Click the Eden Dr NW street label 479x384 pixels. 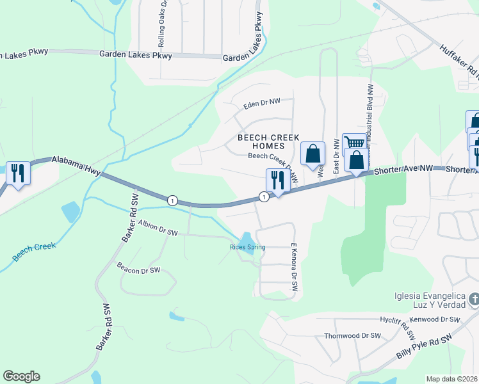pos(262,102)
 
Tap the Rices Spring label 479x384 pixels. pos(247,247)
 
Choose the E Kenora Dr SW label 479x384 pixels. pos(295,268)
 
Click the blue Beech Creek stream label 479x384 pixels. pos(34,252)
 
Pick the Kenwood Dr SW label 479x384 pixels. pos(437,319)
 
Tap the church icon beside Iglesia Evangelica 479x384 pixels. pos(473,298)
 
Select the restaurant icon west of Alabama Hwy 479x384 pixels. pos(17,172)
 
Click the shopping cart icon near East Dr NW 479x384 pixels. pos(353,143)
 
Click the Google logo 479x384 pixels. pos(21,376)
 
